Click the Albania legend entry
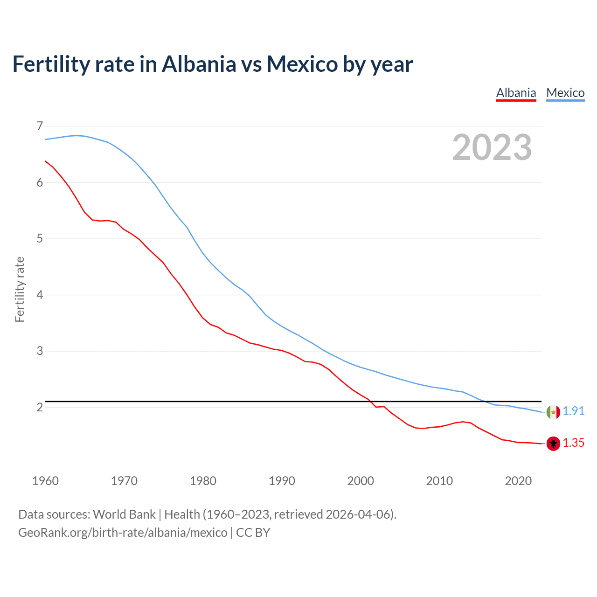pyautogui.click(x=516, y=93)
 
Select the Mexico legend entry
pyautogui.click(x=565, y=93)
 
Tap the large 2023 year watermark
pyautogui.click(x=492, y=147)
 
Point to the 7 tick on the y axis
pyautogui.click(x=40, y=126)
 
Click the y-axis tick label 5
pyautogui.click(x=40, y=239)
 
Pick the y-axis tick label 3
pyautogui.click(x=40, y=351)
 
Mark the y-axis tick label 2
pyautogui.click(x=40, y=407)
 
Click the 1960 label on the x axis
pyautogui.click(x=45, y=481)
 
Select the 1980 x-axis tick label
pyautogui.click(x=203, y=481)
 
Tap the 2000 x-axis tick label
pyautogui.click(x=361, y=481)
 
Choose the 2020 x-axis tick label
pyautogui.click(x=518, y=481)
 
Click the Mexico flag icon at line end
pyautogui.click(x=553, y=412)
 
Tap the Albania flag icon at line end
pyautogui.click(x=553, y=444)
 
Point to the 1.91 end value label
pyautogui.click(x=573, y=411)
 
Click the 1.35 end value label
pyautogui.click(x=573, y=443)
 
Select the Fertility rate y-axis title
pyautogui.click(x=20, y=289)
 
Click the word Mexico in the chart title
pyautogui.click(x=302, y=64)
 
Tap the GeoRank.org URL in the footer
pyautogui.click(x=123, y=533)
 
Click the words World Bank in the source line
pyautogui.click(x=124, y=514)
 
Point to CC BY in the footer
pyautogui.click(x=253, y=533)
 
